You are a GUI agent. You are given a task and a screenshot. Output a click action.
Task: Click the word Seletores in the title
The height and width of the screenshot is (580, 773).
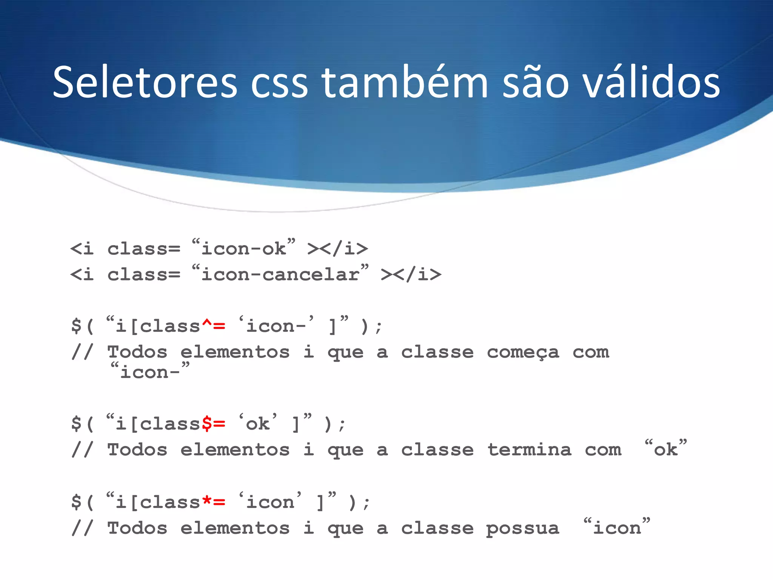point(145,82)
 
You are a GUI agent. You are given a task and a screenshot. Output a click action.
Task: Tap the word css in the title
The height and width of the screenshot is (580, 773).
point(279,82)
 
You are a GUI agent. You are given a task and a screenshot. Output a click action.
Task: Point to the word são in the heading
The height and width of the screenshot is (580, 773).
point(536,82)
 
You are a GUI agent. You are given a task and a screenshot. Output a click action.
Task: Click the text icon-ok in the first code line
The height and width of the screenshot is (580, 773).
point(243,249)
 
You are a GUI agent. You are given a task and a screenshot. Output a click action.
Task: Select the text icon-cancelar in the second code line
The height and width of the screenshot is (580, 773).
point(280,275)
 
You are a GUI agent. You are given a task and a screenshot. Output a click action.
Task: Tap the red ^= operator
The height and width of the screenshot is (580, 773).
point(214,325)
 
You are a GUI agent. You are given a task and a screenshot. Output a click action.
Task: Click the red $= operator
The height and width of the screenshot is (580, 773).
point(214,424)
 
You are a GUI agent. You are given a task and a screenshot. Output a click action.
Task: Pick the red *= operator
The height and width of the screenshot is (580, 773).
point(214,502)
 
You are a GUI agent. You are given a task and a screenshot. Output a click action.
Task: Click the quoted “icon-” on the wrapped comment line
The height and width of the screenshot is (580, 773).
point(150,372)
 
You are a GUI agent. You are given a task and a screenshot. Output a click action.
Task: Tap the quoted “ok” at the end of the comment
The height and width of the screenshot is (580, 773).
point(666,449)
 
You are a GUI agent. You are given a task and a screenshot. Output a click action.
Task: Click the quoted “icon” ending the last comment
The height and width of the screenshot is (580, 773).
point(617,527)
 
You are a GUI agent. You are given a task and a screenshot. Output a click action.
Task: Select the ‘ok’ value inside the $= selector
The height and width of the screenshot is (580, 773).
point(258,424)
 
